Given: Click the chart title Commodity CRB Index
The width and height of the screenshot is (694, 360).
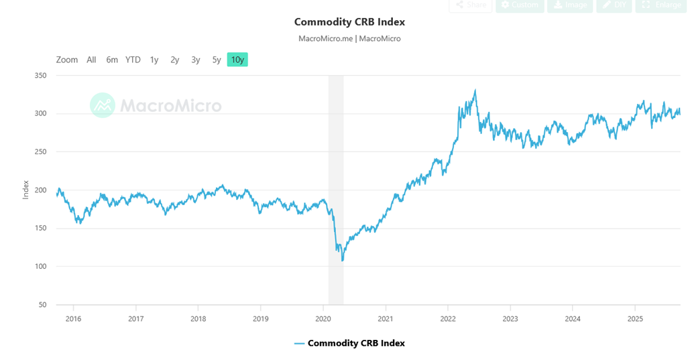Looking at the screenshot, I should click(x=349, y=22).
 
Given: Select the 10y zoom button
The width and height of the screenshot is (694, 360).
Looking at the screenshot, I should click(x=237, y=60).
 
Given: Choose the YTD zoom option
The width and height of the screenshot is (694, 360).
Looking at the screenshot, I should click(x=133, y=60).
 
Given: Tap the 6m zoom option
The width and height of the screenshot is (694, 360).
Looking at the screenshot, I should click(x=112, y=60).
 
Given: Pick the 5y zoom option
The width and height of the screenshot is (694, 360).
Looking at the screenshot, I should click(x=217, y=60).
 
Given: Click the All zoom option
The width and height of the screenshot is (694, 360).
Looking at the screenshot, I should click(x=91, y=60).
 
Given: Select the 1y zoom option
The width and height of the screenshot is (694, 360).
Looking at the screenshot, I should click(x=154, y=60).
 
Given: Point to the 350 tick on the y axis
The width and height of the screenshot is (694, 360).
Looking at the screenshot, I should click(x=40, y=76).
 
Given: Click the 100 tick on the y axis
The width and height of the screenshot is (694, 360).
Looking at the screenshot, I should click(x=40, y=267).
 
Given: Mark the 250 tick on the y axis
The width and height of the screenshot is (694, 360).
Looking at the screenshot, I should click(x=40, y=152).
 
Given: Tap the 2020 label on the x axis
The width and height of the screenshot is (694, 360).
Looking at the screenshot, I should click(x=323, y=318).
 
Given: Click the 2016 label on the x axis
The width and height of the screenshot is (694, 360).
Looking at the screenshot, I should click(x=73, y=318).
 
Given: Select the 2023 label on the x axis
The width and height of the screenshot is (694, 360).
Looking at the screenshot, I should click(x=510, y=318).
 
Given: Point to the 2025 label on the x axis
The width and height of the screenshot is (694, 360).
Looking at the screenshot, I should click(x=635, y=318).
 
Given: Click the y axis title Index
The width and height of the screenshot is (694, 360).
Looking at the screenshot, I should click(x=26, y=190).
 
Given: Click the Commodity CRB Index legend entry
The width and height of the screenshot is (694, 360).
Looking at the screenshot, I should click(x=349, y=343).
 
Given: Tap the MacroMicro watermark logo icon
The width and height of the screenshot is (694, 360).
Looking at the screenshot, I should click(x=103, y=105).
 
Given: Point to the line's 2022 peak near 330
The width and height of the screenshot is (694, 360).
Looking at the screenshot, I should click(x=475, y=91).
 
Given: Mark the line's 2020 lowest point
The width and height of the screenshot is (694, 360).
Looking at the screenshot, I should click(x=342, y=260).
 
